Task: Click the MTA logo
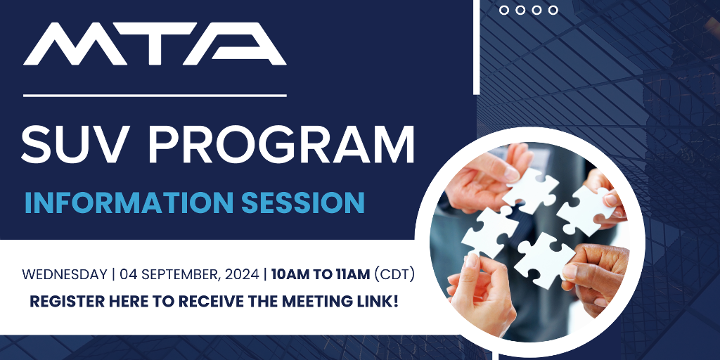155,44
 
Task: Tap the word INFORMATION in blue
129,202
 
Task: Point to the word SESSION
303,202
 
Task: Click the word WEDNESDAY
65,275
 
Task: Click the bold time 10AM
288,275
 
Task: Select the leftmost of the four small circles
503,10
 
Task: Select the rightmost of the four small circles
553,10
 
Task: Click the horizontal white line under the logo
155,96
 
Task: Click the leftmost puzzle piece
489,232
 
